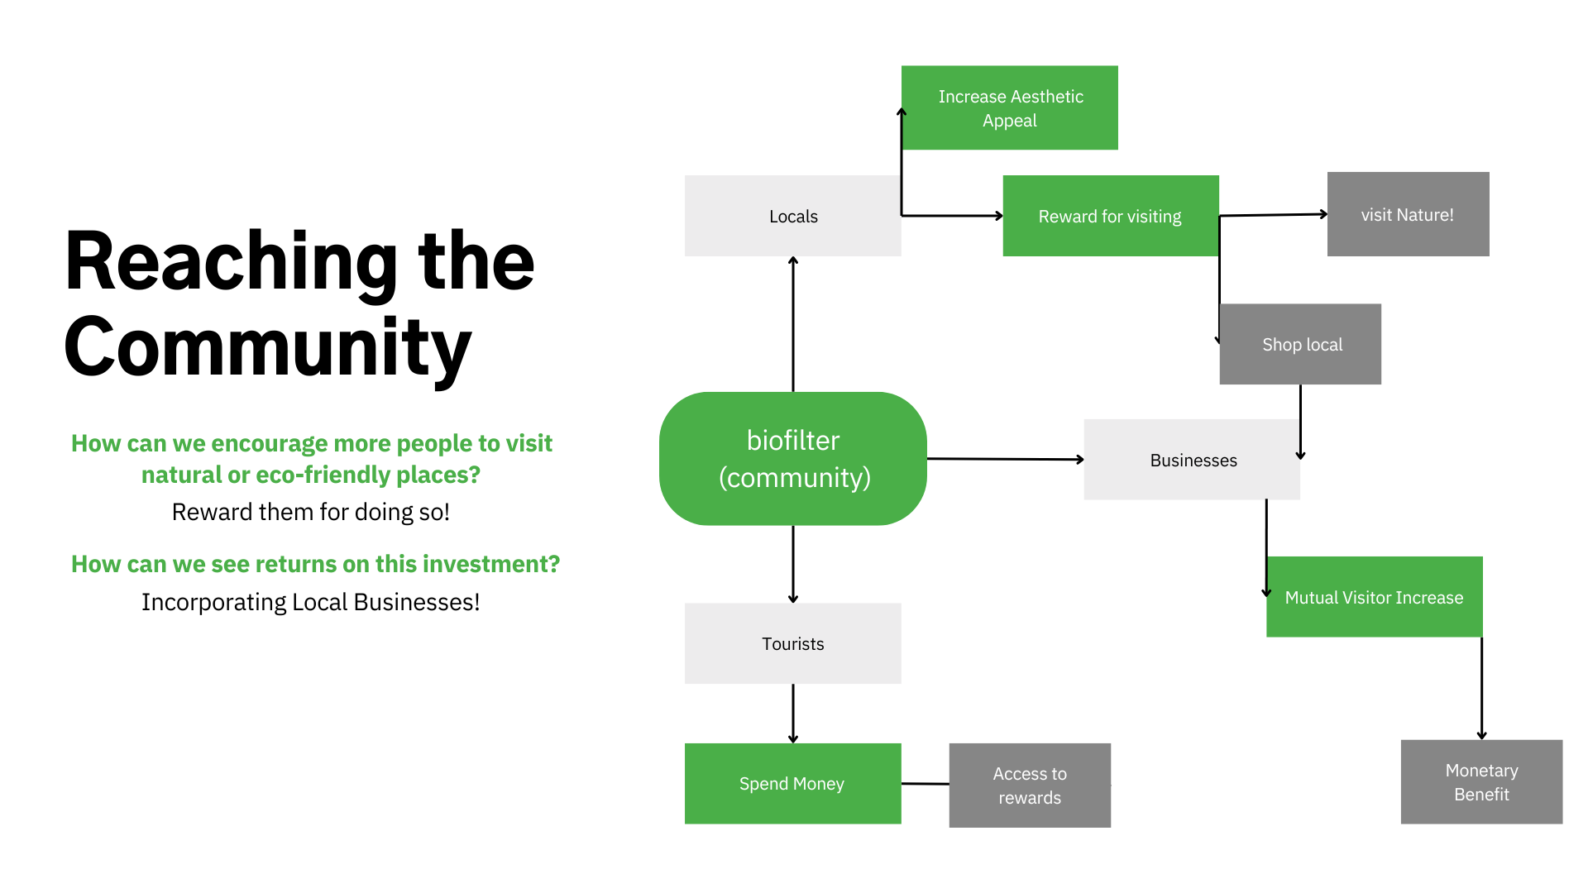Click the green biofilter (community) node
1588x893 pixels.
(793, 458)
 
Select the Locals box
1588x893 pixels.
(793, 216)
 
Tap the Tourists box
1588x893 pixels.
(793, 643)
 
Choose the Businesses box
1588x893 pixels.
(1192, 460)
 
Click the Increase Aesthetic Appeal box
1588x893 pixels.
(1010, 107)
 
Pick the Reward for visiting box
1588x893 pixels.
(1111, 216)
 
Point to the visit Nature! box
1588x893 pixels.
(1409, 214)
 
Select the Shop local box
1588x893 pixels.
(1300, 344)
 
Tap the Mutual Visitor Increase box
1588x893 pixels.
(1375, 597)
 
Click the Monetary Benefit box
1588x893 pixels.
(1481, 782)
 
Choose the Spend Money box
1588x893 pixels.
(793, 784)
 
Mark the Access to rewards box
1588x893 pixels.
(1030, 786)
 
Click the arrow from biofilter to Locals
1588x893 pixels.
(793, 324)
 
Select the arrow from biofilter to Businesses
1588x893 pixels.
(1006, 459)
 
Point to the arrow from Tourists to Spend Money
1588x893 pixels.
(793, 714)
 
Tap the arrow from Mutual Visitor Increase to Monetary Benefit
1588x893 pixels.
(1481, 689)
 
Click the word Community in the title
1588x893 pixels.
(268, 348)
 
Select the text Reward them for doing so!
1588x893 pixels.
(311, 513)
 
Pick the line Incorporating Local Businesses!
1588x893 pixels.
(311, 602)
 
